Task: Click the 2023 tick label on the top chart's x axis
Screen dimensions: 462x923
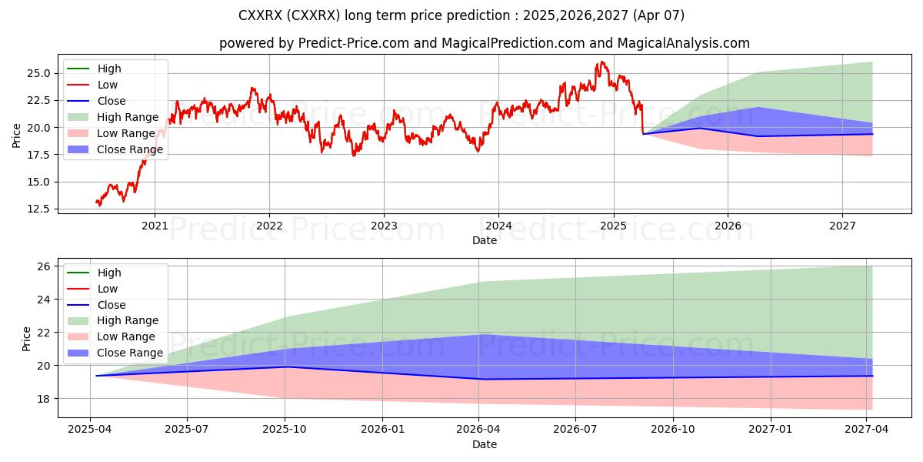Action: coord(384,226)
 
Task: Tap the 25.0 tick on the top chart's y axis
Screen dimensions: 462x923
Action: coord(38,73)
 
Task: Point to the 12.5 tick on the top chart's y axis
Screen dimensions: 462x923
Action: coord(38,209)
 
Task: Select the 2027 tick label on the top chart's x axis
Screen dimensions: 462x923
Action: coord(842,226)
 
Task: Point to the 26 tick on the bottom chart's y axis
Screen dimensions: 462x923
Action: coord(44,266)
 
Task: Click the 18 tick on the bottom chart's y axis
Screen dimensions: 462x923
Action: coord(44,399)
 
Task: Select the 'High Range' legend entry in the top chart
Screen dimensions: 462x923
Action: coord(128,117)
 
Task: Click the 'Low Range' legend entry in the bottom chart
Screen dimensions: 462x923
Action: coord(126,336)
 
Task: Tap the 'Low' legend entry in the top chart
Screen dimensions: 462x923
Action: coord(108,85)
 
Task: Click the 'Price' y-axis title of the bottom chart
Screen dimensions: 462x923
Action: coord(27,339)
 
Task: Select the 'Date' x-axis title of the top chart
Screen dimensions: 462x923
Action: coord(485,240)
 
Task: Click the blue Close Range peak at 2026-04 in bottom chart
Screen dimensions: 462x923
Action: coord(479,334)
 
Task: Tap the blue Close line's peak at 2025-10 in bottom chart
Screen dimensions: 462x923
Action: coord(285,367)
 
